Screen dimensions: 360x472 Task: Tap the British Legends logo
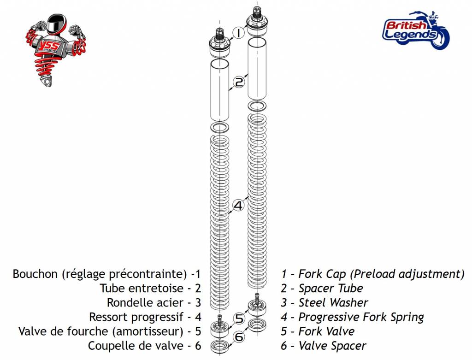click(415, 31)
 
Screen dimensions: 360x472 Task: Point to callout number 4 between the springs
click(238, 205)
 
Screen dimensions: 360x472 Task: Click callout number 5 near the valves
click(239, 319)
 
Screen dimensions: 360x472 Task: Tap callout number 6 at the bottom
click(239, 337)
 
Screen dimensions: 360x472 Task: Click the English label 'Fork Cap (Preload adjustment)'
click(372, 274)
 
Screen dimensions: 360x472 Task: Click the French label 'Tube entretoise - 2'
click(150, 288)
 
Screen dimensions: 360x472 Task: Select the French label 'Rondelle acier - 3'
click(154, 302)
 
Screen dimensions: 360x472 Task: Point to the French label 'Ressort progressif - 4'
click(145, 317)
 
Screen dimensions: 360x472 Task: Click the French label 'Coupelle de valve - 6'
click(144, 346)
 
